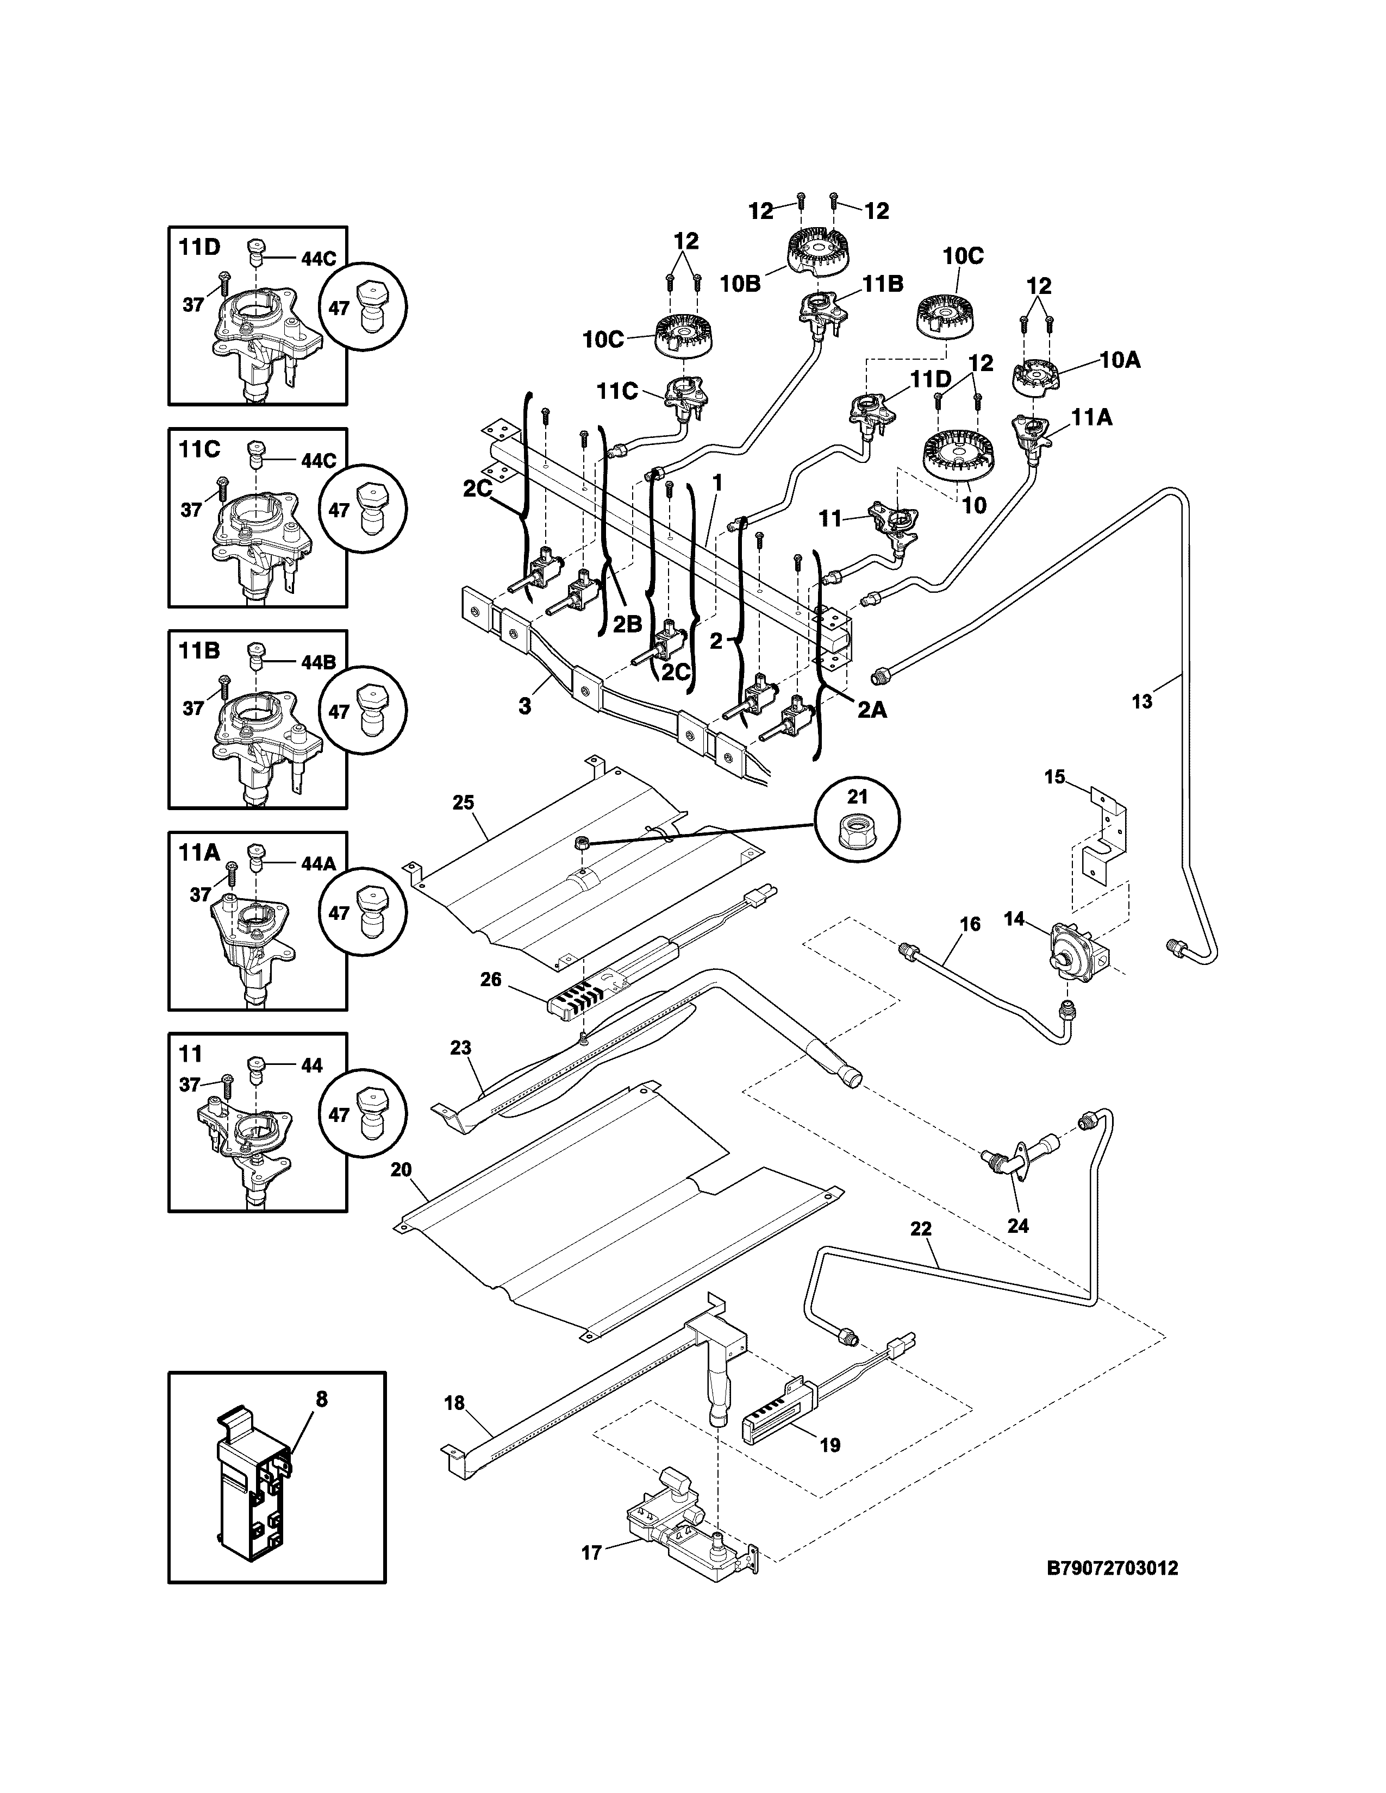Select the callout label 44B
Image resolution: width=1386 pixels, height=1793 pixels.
tap(319, 662)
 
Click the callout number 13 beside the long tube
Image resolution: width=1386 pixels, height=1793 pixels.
tap(1142, 702)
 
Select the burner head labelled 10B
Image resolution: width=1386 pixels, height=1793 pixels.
tap(817, 249)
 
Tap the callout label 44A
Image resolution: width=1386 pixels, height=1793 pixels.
tap(319, 864)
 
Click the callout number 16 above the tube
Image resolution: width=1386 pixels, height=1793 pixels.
tap(970, 924)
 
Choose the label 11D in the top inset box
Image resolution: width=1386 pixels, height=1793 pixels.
tap(199, 247)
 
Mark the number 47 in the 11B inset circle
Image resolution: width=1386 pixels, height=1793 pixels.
tap(339, 712)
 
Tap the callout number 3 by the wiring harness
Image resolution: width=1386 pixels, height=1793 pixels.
tap(524, 706)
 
